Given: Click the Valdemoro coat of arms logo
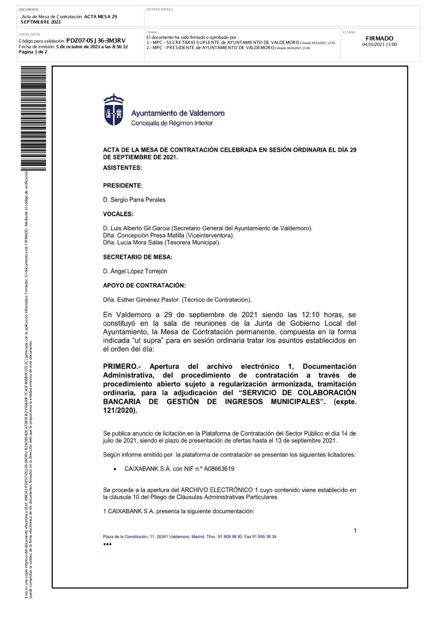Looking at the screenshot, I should click(x=113, y=110).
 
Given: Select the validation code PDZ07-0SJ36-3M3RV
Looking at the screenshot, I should click(x=96, y=41).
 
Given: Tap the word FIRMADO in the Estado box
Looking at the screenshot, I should click(x=379, y=39).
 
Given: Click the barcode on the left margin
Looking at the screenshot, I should click(x=33, y=118).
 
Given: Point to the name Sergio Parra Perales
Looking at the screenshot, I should click(x=138, y=200).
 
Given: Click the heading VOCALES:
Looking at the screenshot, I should click(x=118, y=214).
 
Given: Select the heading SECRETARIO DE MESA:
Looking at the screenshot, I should click(x=137, y=257).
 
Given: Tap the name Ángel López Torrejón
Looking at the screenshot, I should click(x=138, y=271).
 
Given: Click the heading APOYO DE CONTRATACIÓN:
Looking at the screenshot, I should click(x=144, y=285).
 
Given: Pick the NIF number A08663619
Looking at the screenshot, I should click(x=219, y=469).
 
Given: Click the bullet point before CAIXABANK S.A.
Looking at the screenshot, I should click(x=115, y=469).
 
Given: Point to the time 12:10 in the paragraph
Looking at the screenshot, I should click(x=310, y=315).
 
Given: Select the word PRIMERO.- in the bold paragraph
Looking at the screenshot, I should click(x=122, y=367).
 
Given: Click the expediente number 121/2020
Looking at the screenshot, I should click(x=119, y=410).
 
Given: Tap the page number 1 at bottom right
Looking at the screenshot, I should click(x=355, y=531).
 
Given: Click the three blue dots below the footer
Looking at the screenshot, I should click(x=108, y=544).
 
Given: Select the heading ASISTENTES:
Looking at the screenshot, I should click(x=122, y=168).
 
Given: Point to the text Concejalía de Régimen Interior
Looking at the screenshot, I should click(x=172, y=123).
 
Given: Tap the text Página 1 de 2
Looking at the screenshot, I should click(x=33, y=52).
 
